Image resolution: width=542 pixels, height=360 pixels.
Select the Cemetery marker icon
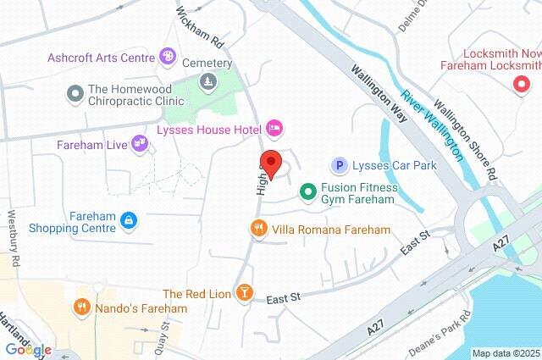[207, 81]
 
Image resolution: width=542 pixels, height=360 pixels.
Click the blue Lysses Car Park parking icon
[340, 165]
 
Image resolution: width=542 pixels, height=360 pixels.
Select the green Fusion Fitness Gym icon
[306, 192]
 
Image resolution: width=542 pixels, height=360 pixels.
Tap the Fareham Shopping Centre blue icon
[128, 220]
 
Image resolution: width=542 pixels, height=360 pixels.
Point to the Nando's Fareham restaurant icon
[82, 307]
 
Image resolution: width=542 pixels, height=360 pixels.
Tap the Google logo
[28, 350]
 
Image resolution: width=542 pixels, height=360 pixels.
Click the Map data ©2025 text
[506, 353]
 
